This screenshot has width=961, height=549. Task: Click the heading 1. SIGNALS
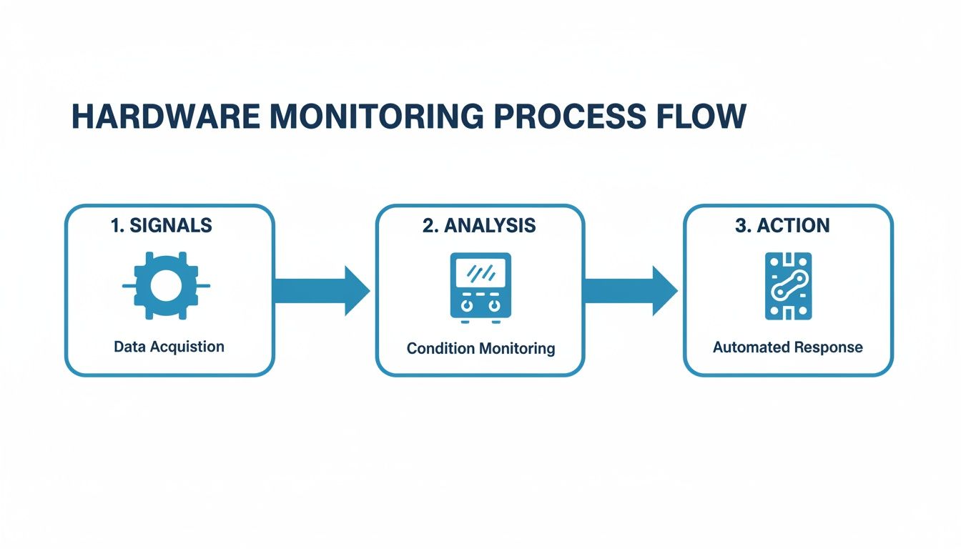click(162, 226)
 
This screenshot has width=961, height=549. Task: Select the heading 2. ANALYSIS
click(479, 226)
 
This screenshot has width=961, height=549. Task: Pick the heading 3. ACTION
click(782, 226)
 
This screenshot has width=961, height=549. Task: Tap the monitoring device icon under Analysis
click(480, 285)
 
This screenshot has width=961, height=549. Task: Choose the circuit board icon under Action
click(787, 286)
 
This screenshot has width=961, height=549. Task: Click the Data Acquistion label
click(169, 347)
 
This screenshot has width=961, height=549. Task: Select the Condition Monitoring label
click(480, 349)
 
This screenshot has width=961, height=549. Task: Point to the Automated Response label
click(787, 347)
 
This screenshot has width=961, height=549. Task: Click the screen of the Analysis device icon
click(480, 272)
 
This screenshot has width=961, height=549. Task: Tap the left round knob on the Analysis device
click(467, 305)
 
